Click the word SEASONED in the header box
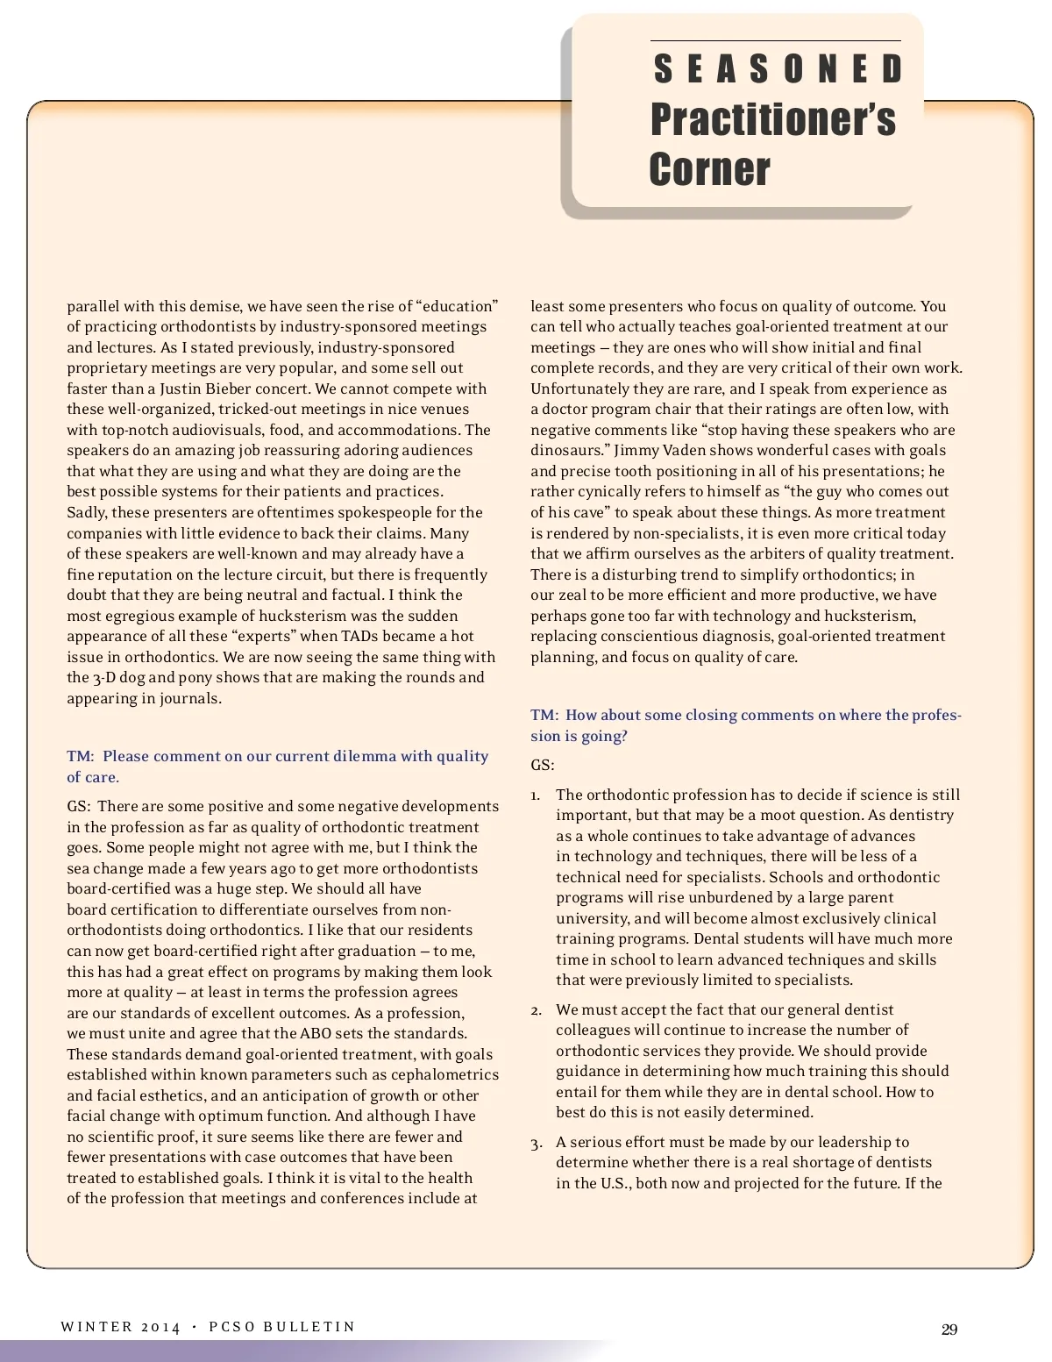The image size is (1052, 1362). (x=778, y=69)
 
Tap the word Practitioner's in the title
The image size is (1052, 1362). (x=772, y=119)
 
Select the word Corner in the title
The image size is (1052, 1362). (x=709, y=169)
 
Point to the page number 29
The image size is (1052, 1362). (x=949, y=1330)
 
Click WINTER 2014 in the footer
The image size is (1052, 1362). (x=120, y=1327)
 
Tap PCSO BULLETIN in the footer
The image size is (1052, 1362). (x=281, y=1327)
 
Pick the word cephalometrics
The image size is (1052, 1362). (x=450, y=1074)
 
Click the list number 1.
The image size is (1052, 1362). (x=535, y=795)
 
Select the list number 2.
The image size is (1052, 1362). (x=535, y=1010)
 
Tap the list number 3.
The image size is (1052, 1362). (x=535, y=1143)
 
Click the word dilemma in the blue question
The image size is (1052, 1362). (x=367, y=756)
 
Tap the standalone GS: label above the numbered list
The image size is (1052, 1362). (x=542, y=765)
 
